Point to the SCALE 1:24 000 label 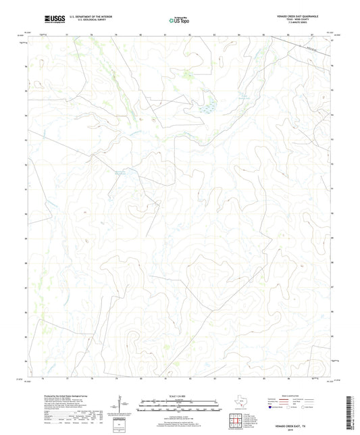180,395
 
